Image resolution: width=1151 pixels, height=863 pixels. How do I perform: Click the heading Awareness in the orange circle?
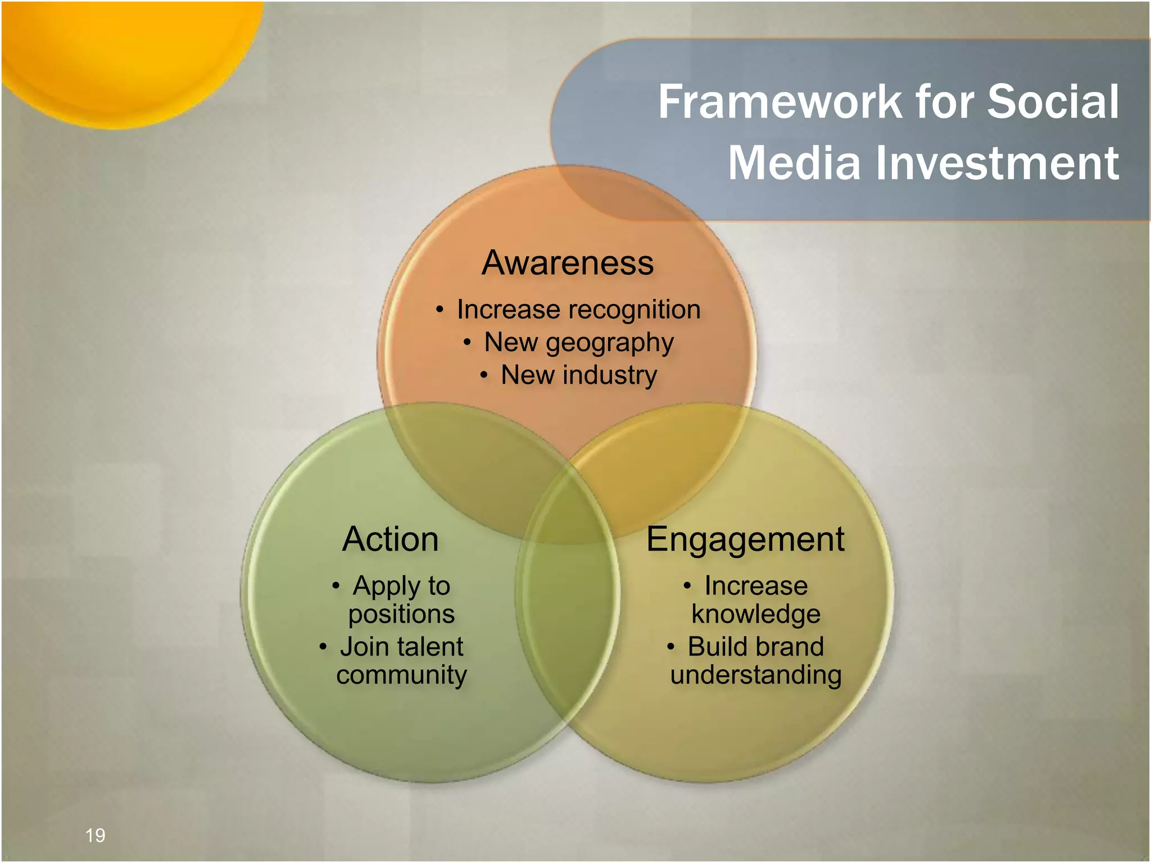point(568,263)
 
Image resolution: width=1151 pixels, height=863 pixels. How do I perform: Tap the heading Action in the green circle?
point(390,539)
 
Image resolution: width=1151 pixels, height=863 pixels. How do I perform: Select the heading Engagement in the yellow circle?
point(745,539)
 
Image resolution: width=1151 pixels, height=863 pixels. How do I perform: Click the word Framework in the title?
point(780,102)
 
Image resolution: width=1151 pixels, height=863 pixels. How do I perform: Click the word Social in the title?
point(1053,102)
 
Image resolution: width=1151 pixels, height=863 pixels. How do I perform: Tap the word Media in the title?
point(794,163)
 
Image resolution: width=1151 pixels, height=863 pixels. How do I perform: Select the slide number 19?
point(95,835)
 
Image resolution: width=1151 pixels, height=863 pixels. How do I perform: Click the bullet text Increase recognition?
point(578,310)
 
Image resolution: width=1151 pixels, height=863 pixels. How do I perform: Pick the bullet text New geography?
point(578,343)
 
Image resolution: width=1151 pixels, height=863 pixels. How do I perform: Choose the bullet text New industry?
point(578,375)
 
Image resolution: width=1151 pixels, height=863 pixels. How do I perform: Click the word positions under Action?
point(401,614)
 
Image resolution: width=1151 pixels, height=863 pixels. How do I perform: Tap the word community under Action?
point(401,675)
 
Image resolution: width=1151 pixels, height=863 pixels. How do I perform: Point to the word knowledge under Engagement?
point(756,614)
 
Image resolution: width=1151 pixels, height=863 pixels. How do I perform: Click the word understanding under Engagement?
point(756,675)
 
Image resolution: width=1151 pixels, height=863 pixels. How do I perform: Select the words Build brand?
point(756,647)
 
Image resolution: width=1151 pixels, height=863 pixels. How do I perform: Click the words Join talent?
point(401,647)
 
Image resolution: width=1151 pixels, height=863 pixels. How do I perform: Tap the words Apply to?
point(401,586)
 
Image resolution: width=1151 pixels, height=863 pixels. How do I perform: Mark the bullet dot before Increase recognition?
point(439,309)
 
